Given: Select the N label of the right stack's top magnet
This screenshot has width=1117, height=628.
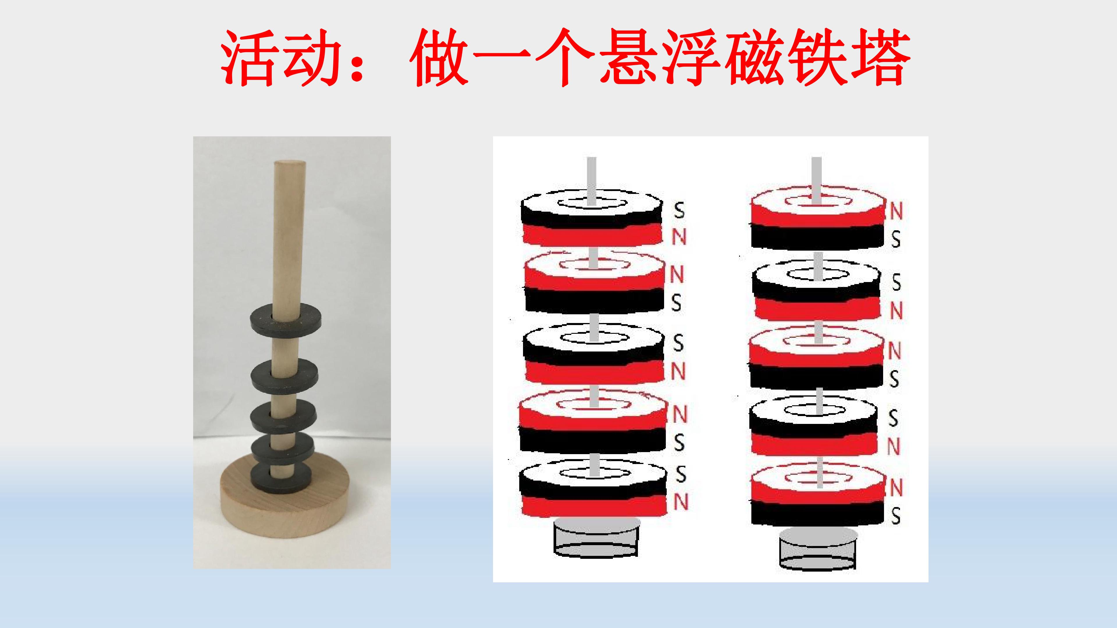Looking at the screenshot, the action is click(896, 211).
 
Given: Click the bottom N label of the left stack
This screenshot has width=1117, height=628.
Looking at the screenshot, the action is click(680, 502).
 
